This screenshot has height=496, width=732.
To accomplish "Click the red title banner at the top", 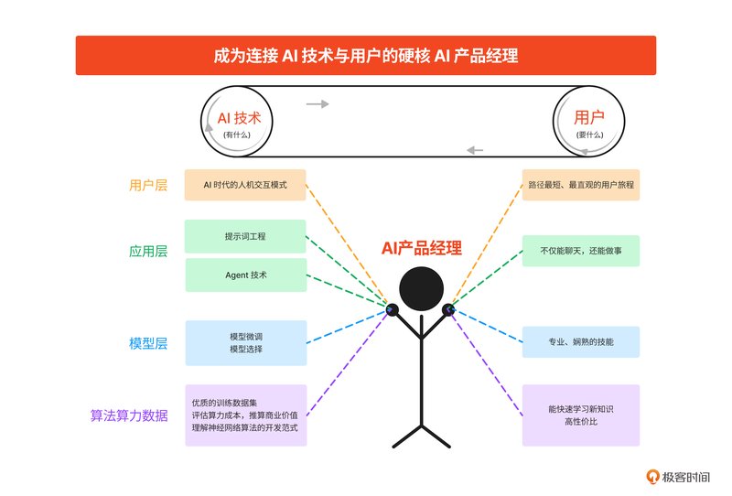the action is coord(365,55).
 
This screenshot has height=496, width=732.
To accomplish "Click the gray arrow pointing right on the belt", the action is coord(318,103).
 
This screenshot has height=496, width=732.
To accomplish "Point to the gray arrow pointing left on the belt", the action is coord(475,150).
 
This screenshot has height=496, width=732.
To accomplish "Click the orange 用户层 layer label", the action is coord(148,186).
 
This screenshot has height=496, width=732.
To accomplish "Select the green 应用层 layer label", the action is coord(148,252).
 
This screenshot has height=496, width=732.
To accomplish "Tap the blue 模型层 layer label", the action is coord(148,343).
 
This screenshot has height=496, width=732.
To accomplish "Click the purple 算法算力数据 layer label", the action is coord(129,415).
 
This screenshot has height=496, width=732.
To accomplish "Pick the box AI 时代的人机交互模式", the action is coord(245,185).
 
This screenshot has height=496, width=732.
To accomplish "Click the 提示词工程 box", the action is coord(245,236).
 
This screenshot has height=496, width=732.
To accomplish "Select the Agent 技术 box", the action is coord(246,275).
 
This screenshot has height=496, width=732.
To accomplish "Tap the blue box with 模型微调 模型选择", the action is coord(246,343).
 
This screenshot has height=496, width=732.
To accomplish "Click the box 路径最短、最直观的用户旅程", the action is coord(581,185).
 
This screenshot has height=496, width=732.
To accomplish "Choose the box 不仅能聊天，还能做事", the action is coord(581,251).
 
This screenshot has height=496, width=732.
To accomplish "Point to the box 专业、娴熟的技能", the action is coord(581,342).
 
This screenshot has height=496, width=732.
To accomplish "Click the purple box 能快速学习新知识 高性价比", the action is coord(581,415).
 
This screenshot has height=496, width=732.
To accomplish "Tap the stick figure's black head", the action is coord(421,288).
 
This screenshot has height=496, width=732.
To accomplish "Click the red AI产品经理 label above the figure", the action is coord(422,248).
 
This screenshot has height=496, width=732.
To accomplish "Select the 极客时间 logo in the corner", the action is coord(678,477).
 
